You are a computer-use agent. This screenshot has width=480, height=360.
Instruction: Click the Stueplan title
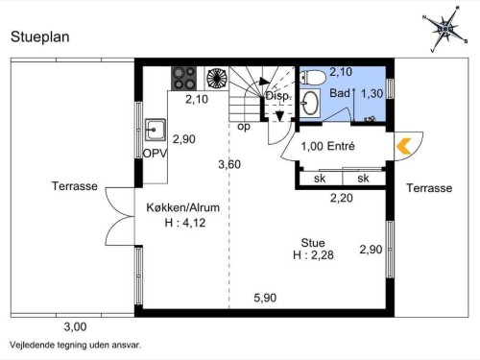tap(40, 36)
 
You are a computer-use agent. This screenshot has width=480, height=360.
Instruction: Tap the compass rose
tap(445, 29)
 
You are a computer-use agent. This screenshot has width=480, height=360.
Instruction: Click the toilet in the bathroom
tap(313, 78)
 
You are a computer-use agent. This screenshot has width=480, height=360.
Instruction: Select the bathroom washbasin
tap(310, 103)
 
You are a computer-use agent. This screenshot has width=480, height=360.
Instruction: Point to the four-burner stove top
tap(183, 79)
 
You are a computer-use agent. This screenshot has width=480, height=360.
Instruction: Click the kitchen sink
tap(156, 130)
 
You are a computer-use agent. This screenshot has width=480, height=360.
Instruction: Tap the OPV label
tap(155, 154)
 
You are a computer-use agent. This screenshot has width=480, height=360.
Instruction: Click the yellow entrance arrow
tap(404, 146)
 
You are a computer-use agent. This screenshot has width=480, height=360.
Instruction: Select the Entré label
tap(341, 146)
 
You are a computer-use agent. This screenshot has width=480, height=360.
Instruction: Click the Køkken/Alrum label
tap(183, 207)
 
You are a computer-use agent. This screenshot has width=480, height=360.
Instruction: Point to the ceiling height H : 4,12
tap(185, 223)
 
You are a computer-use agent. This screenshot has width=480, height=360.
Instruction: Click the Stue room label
tap(313, 243)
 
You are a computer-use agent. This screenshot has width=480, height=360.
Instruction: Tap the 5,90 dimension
tap(265, 298)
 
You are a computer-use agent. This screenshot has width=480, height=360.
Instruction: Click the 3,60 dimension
tap(229, 164)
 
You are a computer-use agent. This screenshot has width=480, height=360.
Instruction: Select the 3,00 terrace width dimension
tap(75, 327)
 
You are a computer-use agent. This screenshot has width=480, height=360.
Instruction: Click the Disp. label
tap(277, 96)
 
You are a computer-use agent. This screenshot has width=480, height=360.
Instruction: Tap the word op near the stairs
tap(244, 127)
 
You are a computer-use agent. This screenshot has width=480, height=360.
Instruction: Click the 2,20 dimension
tap(342, 198)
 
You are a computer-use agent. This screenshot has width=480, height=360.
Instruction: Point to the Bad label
tap(340, 93)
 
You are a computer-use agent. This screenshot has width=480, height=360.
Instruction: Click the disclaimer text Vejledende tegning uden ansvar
tap(75, 346)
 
